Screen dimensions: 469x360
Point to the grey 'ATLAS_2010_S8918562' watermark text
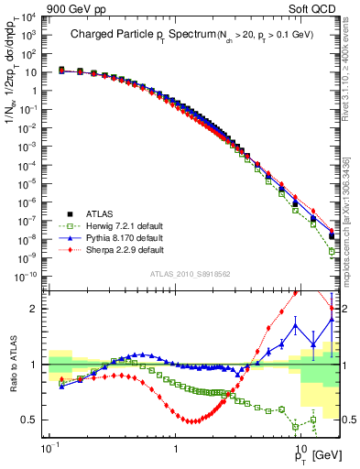pos(190,274)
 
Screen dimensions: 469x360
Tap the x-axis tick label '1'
pos(177,452)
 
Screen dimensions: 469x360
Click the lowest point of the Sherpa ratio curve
pos(192,421)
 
